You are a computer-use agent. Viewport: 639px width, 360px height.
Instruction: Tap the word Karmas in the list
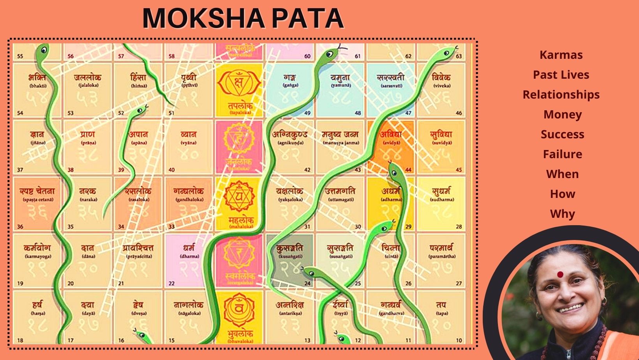561,55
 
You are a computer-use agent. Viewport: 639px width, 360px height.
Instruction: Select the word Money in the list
562,115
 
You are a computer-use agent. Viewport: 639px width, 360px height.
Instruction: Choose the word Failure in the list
562,154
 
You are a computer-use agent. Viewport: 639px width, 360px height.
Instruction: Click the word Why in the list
562,214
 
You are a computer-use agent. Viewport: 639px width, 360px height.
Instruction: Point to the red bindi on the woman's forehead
560,275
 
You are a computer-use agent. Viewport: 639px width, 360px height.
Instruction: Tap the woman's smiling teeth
571,308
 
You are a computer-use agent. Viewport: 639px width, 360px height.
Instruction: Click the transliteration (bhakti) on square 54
37,86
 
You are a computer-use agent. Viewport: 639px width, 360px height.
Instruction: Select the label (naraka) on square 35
88,199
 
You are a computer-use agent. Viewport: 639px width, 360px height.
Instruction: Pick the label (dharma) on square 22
189,256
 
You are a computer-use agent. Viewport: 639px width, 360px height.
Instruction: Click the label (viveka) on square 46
441,86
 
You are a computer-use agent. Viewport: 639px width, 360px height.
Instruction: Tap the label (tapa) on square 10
441,313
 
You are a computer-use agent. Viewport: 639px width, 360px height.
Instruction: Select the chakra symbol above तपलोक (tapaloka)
238,83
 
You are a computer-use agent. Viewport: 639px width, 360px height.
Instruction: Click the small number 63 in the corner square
459,56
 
